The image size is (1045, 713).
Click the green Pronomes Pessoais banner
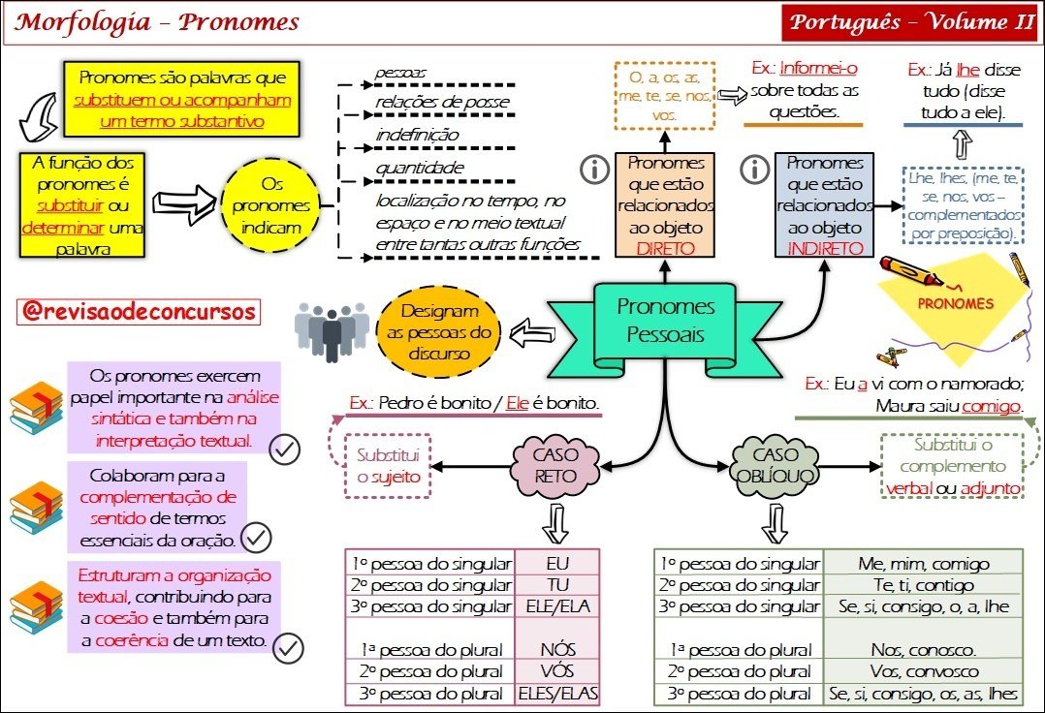[x=665, y=322]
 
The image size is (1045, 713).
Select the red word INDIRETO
[x=825, y=248]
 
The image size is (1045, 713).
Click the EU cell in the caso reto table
[x=558, y=564]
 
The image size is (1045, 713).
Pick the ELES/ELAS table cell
[x=558, y=694]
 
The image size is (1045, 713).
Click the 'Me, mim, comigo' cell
[x=923, y=564]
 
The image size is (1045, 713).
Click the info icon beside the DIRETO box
[x=592, y=170]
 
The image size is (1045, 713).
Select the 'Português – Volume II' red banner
[x=909, y=22]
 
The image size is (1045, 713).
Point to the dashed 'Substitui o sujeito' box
[x=388, y=466]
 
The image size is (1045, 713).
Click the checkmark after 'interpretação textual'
[x=285, y=449]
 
